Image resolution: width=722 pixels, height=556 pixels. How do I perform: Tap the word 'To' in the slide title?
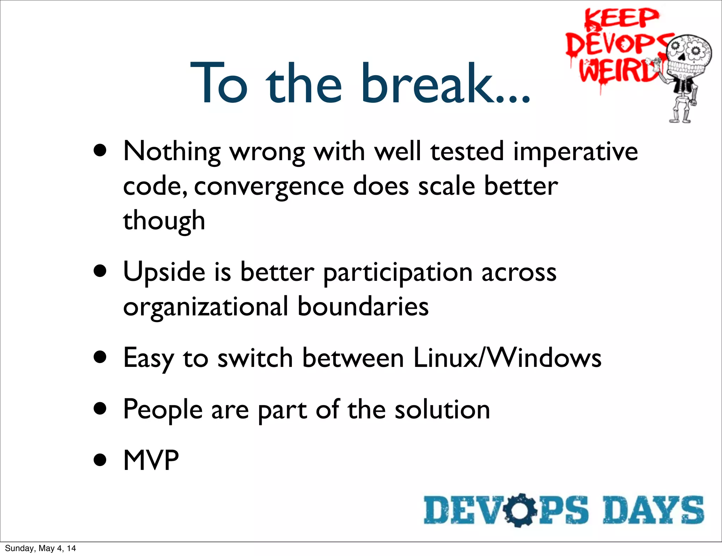coord(219,84)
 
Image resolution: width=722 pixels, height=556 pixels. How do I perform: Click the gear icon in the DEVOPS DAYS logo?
coord(520,510)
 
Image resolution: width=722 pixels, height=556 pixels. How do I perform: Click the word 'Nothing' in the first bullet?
coord(172,152)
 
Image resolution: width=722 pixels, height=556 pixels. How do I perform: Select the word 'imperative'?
coord(575,152)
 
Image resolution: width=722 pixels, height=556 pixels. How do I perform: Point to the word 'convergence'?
coord(269,186)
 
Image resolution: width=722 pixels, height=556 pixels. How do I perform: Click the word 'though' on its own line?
coord(164,221)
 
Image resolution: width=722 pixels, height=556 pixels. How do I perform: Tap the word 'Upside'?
coord(164,272)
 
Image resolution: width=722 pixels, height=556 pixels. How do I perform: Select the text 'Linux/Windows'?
coord(507,358)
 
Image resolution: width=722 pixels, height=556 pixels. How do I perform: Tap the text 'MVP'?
coord(151,460)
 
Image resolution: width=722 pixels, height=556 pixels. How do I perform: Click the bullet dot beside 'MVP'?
coord(100,460)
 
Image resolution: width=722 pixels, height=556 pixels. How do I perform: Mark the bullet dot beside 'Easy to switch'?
coord(100,357)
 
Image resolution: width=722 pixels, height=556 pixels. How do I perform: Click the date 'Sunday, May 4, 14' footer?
coord(40,548)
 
